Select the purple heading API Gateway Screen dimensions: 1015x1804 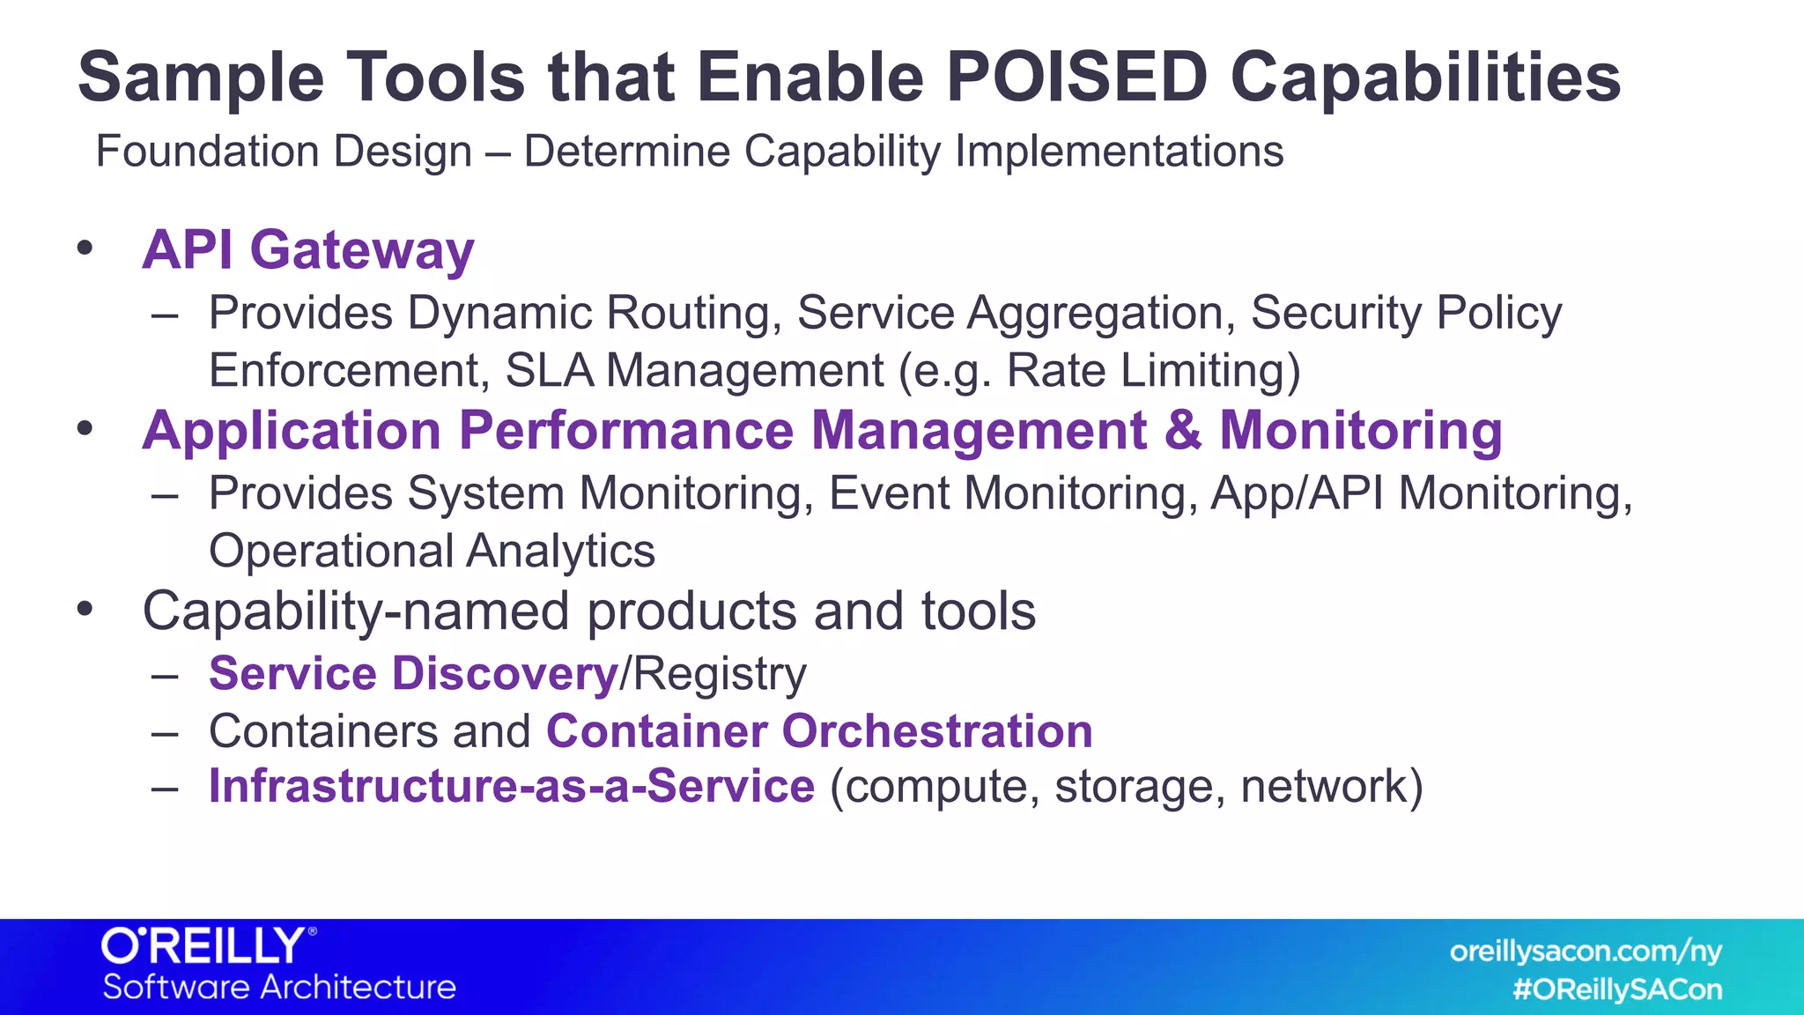308,250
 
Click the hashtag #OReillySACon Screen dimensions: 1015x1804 1617,989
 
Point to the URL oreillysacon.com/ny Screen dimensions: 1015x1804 1586,952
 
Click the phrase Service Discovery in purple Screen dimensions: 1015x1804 414,674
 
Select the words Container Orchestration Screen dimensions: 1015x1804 819,731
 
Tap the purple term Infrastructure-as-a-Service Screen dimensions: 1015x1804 512,786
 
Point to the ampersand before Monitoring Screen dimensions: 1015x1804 1182,432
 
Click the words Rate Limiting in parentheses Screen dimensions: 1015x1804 1145,370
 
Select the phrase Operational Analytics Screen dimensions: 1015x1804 432,552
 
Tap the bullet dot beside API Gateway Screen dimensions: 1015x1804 85,248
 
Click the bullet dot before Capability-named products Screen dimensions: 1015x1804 85,609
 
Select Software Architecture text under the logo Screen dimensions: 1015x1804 279,987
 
